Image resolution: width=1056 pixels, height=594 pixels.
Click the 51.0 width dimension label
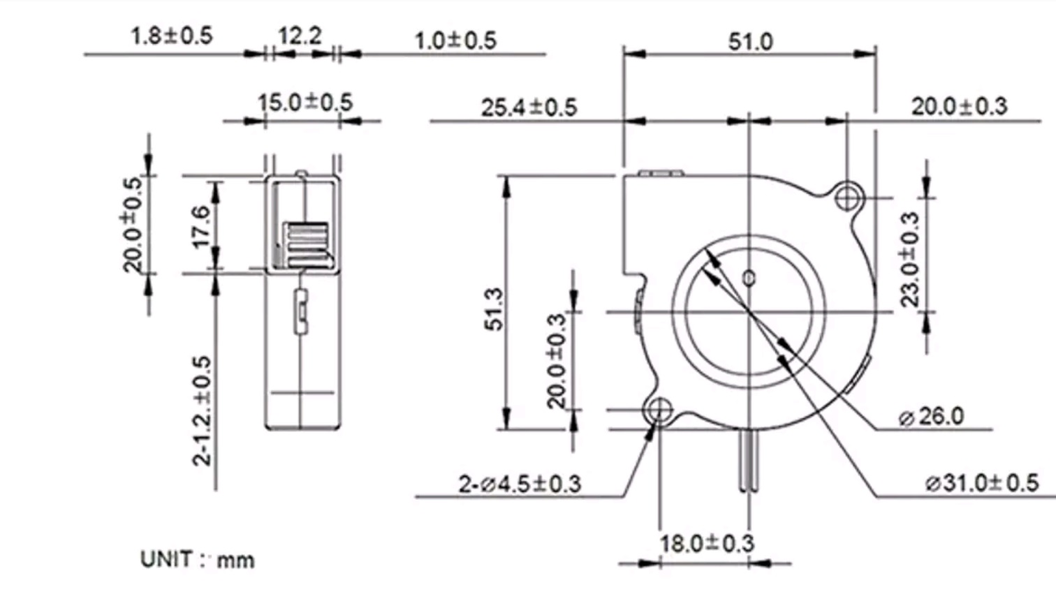(x=751, y=41)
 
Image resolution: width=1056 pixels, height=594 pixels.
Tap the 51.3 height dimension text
(x=494, y=309)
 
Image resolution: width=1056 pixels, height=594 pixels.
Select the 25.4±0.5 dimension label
(x=529, y=107)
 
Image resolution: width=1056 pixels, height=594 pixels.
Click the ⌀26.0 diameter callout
(x=931, y=416)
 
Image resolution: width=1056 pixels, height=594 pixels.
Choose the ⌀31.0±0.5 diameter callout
(x=982, y=483)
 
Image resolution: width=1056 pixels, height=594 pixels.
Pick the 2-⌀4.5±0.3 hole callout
(x=520, y=484)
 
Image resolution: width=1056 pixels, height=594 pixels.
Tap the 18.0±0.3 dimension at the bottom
(x=707, y=543)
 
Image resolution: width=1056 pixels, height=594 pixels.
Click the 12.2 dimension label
(x=300, y=36)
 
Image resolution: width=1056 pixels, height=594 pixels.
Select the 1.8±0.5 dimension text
(x=172, y=36)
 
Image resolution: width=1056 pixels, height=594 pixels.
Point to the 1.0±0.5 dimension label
(x=455, y=40)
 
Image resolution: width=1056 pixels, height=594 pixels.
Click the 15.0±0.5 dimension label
(x=305, y=103)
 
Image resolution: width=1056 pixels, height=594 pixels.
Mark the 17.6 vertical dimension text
(x=202, y=226)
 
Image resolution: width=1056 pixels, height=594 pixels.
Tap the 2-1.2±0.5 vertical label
(x=202, y=410)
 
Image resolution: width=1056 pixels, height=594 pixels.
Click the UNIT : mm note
(x=197, y=559)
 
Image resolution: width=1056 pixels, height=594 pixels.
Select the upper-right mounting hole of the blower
(x=847, y=198)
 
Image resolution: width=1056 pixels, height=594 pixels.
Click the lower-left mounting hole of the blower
(x=659, y=410)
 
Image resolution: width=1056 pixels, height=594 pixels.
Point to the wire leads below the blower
(x=749, y=460)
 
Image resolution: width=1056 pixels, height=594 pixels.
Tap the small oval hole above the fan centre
(x=749, y=279)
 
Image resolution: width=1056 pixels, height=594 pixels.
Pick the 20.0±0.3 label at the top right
(x=959, y=107)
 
